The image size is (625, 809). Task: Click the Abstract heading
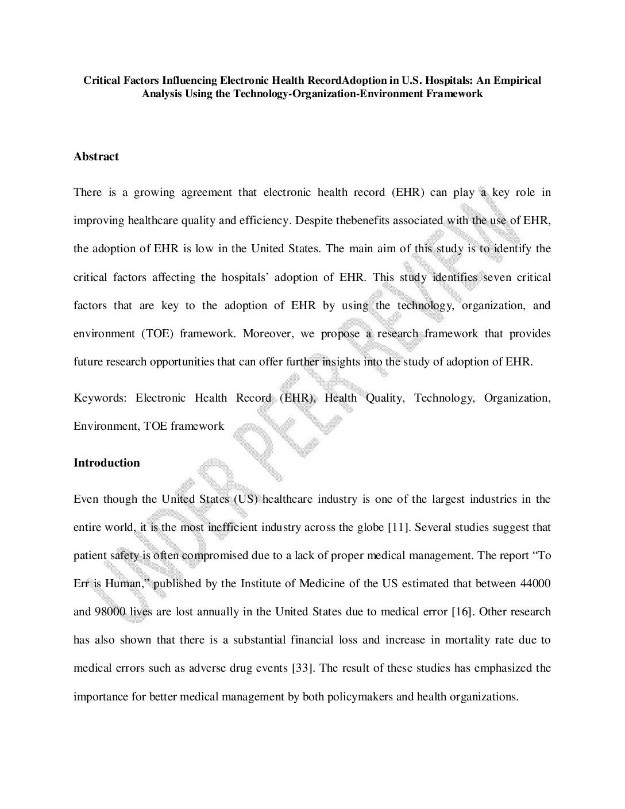pos(96,156)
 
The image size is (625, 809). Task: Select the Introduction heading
pos(106,463)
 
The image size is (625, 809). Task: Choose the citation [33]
pos(302,668)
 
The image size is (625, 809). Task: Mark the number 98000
pos(108,611)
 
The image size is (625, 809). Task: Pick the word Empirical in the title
pos(516,80)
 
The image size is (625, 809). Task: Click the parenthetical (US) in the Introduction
pos(248,499)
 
